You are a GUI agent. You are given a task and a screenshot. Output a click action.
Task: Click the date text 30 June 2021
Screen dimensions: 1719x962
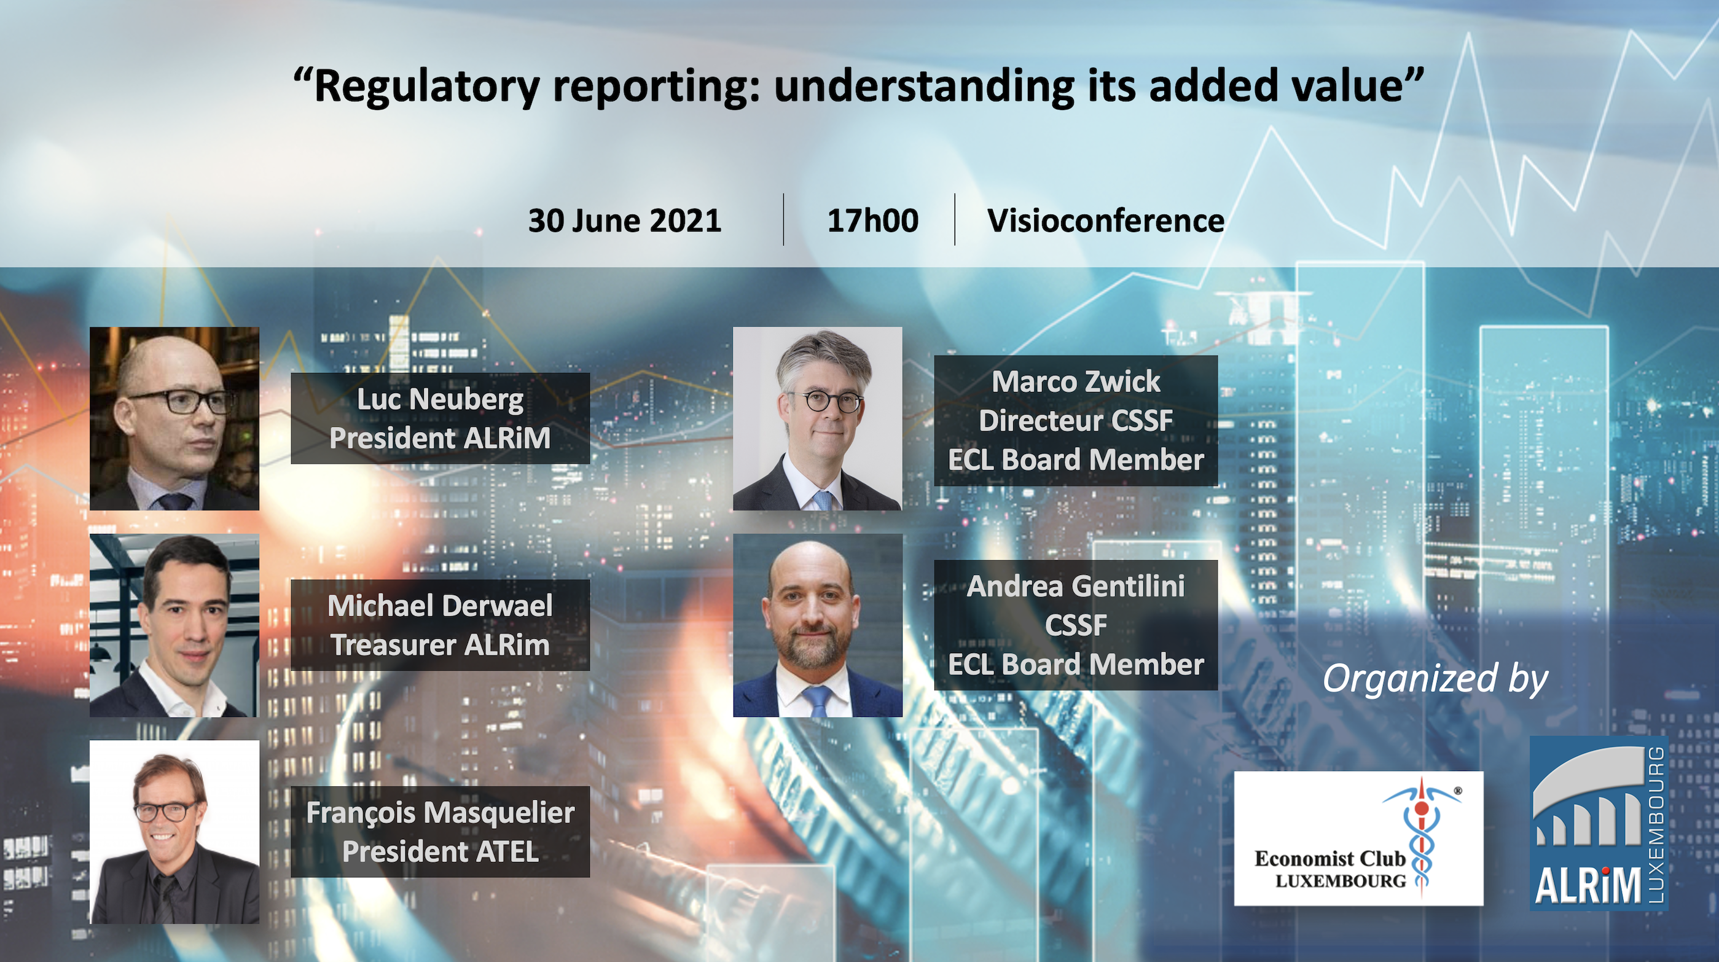point(625,220)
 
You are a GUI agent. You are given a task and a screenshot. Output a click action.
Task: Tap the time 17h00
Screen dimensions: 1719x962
point(872,220)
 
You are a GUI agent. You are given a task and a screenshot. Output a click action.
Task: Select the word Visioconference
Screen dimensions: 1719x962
point(1106,220)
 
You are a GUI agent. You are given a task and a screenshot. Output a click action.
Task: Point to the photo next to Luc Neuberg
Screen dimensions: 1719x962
point(174,418)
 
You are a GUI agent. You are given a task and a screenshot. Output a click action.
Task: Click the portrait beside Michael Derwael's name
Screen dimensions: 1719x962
point(174,625)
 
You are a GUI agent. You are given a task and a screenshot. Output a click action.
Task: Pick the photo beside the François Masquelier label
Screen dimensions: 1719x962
point(174,832)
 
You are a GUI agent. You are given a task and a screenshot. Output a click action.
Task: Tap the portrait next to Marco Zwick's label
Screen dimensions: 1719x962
point(818,418)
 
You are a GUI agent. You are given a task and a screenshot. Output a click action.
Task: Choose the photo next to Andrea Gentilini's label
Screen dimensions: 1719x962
point(818,625)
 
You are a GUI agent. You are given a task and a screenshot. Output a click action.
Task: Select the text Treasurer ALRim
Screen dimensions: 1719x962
point(441,645)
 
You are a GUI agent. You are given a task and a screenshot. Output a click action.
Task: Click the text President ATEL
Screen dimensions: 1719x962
point(441,852)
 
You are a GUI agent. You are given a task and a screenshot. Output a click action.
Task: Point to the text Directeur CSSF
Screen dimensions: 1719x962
point(1076,421)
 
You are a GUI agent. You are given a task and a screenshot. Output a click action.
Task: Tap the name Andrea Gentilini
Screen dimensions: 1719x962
point(1076,587)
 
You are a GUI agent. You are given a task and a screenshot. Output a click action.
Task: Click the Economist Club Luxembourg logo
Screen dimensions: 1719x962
point(1358,839)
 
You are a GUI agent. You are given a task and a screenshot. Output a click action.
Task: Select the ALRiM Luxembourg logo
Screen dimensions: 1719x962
point(1599,823)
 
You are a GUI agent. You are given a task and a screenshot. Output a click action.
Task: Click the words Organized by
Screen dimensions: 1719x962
point(1435,679)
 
